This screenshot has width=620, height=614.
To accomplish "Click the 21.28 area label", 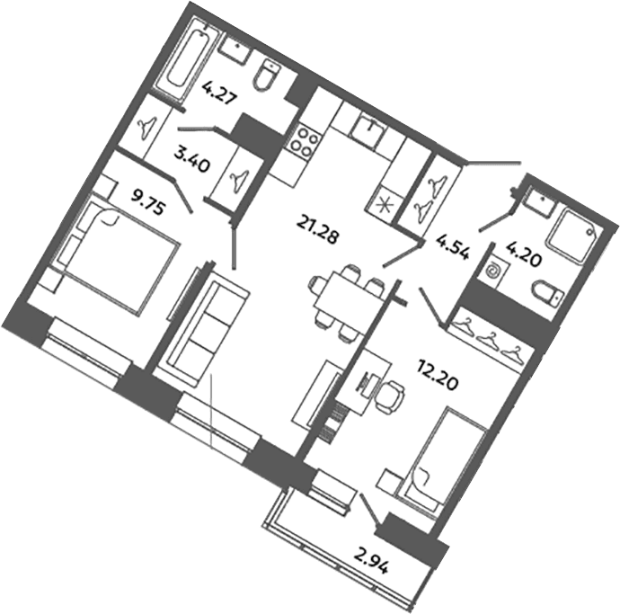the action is (x=318, y=231).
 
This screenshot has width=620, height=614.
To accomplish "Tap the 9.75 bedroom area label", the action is (x=148, y=201).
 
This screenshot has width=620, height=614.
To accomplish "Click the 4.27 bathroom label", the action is (x=219, y=93).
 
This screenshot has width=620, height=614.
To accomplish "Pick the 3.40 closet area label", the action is (x=192, y=158).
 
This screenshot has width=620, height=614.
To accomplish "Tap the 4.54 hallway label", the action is (x=453, y=247).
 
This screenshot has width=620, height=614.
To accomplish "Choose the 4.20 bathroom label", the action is (x=524, y=254).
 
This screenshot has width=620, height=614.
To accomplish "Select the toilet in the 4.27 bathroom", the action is (x=266, y=76).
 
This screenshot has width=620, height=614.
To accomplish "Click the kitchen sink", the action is (x=368, y=131).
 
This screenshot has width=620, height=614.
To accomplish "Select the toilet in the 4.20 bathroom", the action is (x=548, y=294).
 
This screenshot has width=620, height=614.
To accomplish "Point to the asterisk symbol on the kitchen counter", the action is (x=383, y=206).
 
